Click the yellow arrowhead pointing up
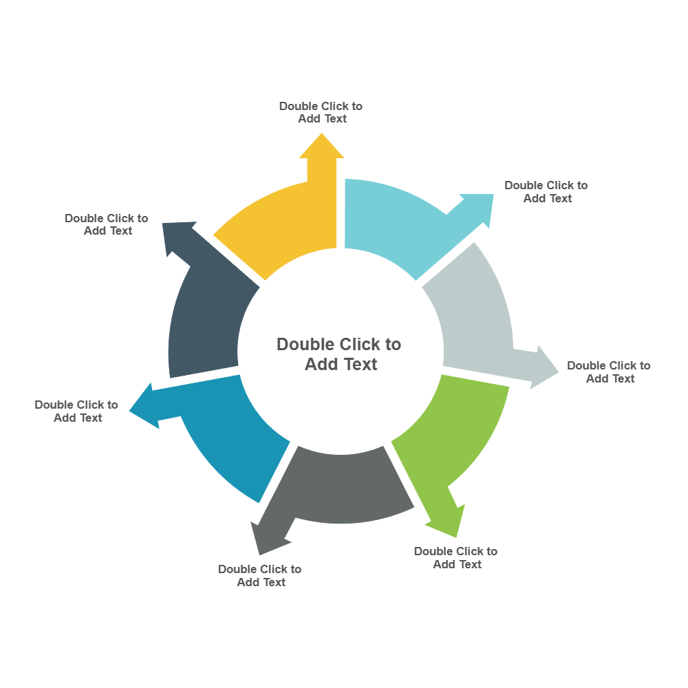click(321, 147)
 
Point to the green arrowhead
click(447, 520)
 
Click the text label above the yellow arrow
click(321, 112)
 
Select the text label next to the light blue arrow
click(546, 192)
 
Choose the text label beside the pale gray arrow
click(609, 372)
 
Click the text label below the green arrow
click(455, 558)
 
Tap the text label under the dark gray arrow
click(259, 576)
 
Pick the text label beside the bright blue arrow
click(76, 411)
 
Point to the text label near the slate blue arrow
click(106, 224)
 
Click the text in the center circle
click(339, 354)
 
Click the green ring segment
click(454, 433)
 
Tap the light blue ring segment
click(392, 220)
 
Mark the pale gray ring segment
click(475, 310)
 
